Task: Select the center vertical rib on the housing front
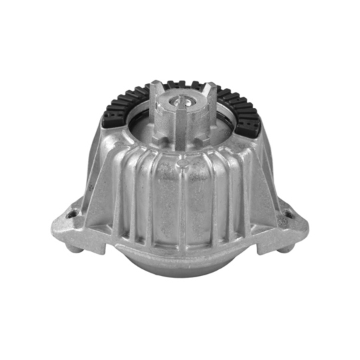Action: (182, 200)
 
